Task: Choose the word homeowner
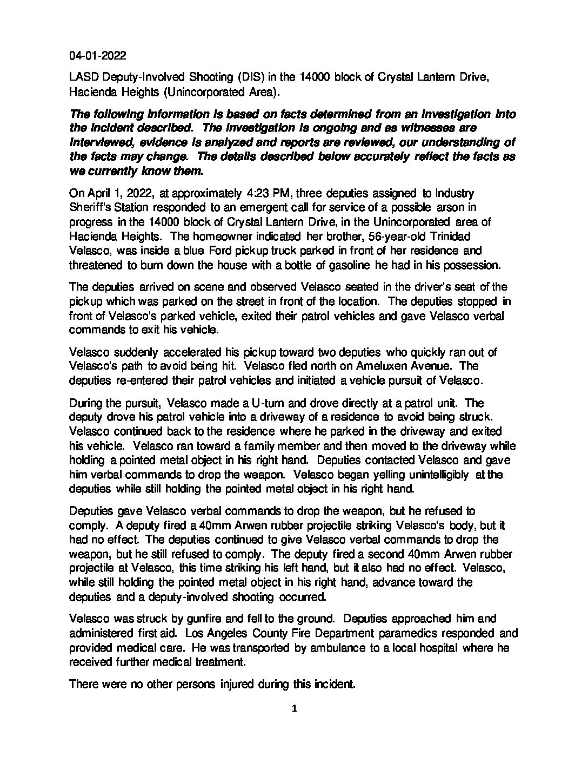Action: pos(174,237)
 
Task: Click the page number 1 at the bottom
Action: pos(294,710)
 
